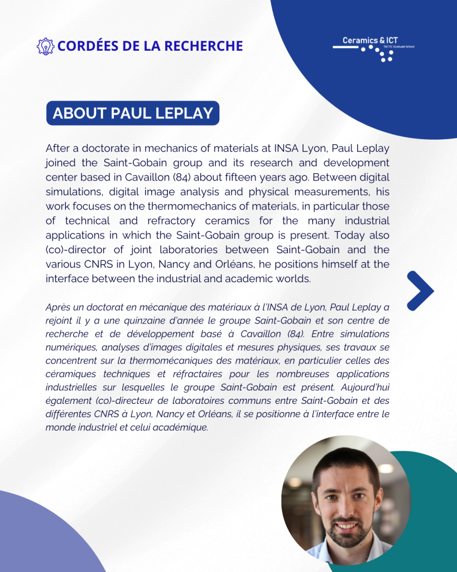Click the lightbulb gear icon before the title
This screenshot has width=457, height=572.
tap(45, 45)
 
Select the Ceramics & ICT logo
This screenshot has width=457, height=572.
tap(373, 48)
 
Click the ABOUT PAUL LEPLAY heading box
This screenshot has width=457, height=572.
tap(132, 113)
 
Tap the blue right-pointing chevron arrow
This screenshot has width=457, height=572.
tap(420, 290)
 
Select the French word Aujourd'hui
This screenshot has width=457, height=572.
tap(363, 387)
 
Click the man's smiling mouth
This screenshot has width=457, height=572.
tap(346, 526)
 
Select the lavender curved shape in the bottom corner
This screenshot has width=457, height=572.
tap(39, 536)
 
